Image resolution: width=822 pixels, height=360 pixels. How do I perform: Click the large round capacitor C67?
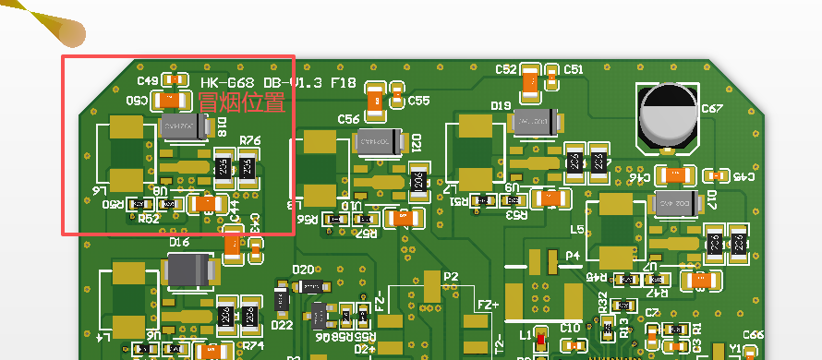667,116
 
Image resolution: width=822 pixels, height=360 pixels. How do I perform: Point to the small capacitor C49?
171,79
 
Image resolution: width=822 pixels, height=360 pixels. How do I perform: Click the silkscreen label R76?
250,140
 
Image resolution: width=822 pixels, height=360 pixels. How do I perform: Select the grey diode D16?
191,270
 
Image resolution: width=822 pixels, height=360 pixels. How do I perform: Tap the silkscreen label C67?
712,108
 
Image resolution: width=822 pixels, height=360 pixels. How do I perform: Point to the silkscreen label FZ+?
487,305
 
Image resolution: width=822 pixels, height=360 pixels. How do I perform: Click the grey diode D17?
675,202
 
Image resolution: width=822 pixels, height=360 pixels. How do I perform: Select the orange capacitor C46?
679,174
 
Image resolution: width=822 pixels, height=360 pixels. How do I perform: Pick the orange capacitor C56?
377,100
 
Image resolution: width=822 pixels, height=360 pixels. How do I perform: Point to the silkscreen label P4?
573,256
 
